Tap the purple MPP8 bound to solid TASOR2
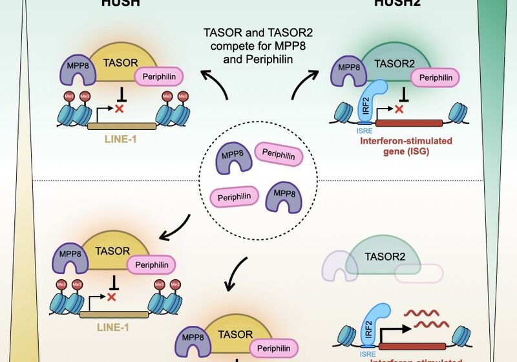tap(350, 72)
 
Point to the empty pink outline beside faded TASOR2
tap(424, 274)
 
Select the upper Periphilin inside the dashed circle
tap(279, 154)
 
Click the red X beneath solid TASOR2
tap(399, 110)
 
